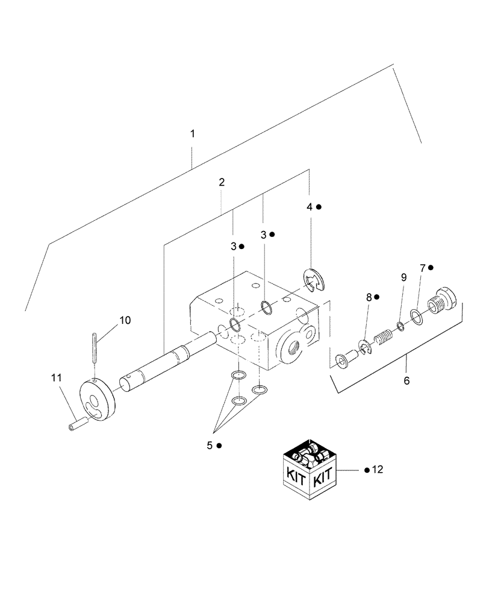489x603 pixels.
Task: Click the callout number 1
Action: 193,133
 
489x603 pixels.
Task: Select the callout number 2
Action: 222,182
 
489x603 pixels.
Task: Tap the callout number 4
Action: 310,207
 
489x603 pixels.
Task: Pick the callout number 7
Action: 423,267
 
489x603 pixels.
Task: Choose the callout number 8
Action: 369,297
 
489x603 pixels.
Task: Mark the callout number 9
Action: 403,277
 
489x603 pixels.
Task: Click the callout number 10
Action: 125,320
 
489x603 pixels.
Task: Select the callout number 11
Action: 56,378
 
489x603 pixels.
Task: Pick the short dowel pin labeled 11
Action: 76,426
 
